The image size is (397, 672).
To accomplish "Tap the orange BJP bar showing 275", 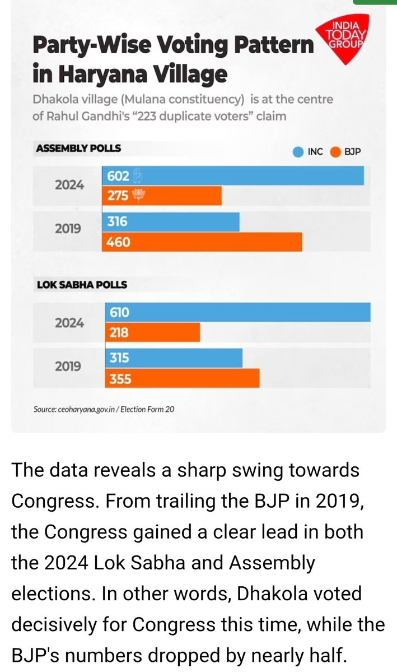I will click(162, 196).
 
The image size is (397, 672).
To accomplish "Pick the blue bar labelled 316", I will click(170, 222).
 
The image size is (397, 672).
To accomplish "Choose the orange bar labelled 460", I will click(202, 242).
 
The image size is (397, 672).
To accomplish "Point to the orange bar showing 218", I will click(151, 332).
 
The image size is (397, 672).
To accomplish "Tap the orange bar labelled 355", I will click(181, 378).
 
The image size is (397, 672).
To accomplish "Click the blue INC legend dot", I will click(298, 152).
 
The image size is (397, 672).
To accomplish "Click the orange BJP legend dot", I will click(336, 152).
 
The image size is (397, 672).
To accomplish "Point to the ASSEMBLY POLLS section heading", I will click(78, 149).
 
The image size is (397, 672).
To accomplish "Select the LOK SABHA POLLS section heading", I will click(82, 284).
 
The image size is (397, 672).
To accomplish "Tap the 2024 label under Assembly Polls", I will click(69, 184).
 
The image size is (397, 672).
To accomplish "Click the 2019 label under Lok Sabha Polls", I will click(68, 367).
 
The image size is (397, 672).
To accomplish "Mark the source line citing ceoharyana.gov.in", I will click(104, 409).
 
